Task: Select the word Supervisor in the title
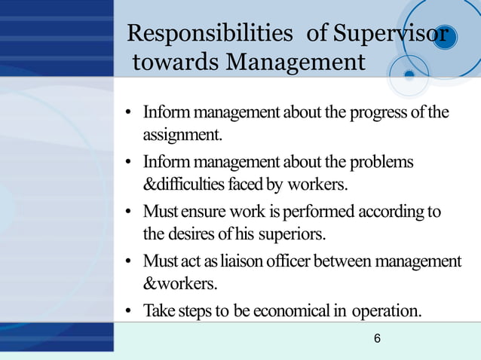click(x=391, y=34)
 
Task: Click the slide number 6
click(x=377, y=340)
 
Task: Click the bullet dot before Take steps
click(x=130, y=311)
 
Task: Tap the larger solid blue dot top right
click(x=446, y=38)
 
